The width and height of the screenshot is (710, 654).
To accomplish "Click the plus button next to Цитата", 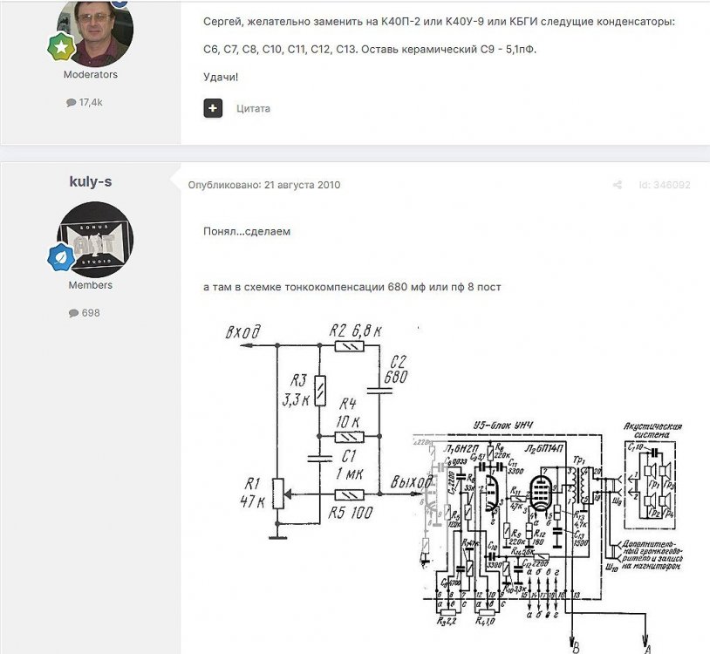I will coord(213,108).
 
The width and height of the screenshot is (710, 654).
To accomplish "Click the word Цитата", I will coord(253,109).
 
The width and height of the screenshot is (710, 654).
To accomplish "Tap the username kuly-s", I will coord(91,181).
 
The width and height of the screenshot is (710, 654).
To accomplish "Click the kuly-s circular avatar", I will coord(95,238).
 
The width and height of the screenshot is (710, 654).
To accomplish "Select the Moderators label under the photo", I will coord(91,75).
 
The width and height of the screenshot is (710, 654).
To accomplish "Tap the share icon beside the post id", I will coord(617,185).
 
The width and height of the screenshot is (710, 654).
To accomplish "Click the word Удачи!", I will coord(220,77).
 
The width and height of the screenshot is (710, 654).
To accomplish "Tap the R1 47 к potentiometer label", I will coord(254,492).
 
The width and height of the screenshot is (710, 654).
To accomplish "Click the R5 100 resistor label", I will coord(352,513).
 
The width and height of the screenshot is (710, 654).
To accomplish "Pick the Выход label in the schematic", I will coord(409,482).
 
